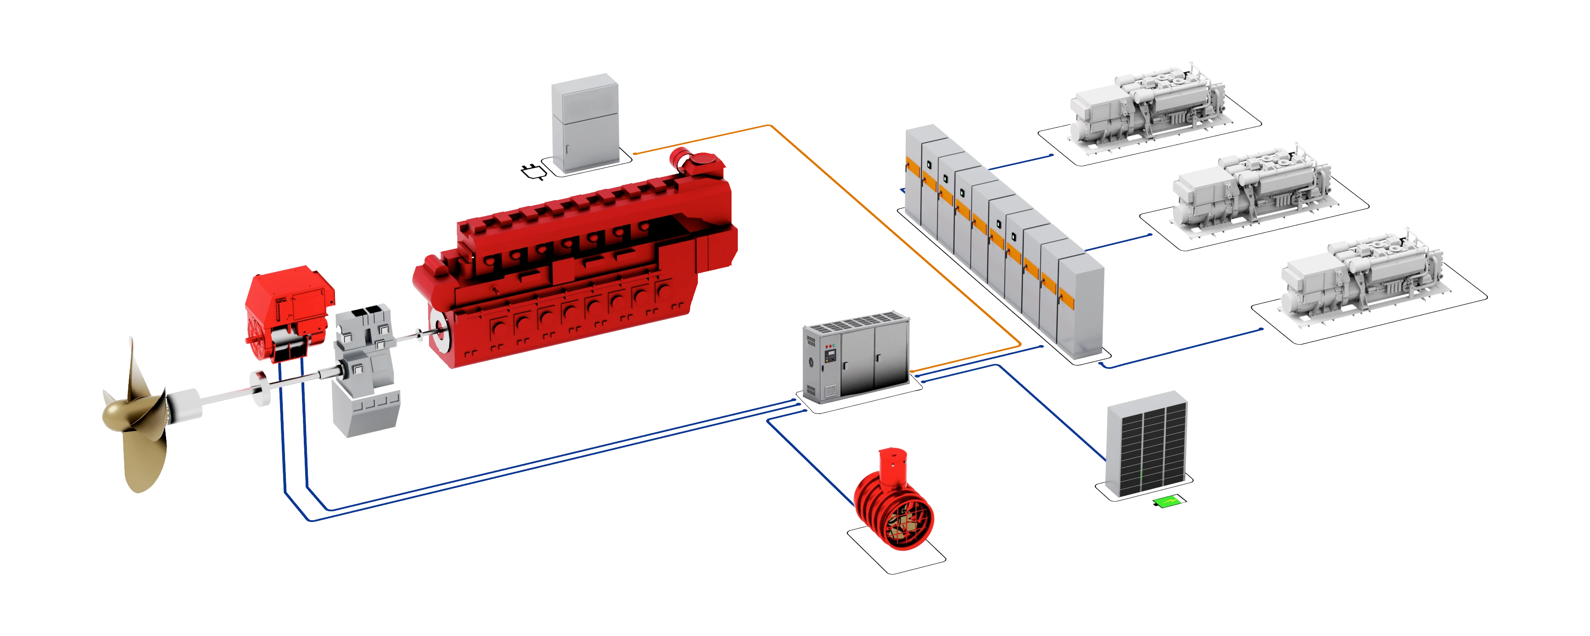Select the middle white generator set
1250,194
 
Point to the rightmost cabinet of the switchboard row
1080,309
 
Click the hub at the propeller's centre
120,412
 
